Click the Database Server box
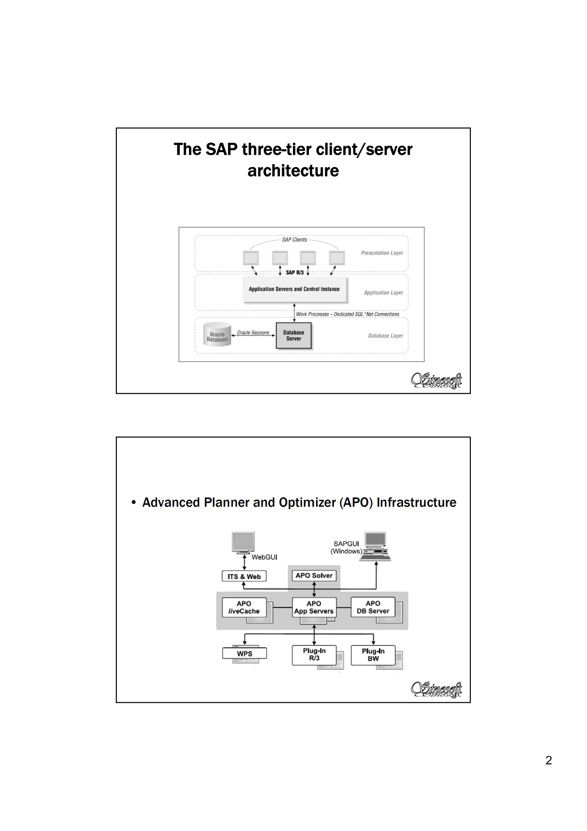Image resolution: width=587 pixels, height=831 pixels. [x=294, y=335]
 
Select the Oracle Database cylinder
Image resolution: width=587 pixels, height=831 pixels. [x=217, y=335]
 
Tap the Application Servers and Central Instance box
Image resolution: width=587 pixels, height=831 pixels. [x=294, y=289]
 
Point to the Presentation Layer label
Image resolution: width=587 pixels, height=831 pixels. [x=382, y=253]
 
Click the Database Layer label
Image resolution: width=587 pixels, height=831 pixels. [x=385, y=336]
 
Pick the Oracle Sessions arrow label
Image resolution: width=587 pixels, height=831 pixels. [x=253, y=333]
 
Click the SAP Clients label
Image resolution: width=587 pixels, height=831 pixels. [x=294, y=240]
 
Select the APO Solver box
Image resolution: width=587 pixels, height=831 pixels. [x=314, y=576]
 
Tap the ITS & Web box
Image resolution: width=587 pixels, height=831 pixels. [x=244, y=576]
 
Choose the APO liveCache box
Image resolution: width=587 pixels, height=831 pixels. [x=244, y=607]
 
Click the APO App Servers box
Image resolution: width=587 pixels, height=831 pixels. [x=314, y=607]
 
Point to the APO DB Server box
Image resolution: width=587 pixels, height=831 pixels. [x=373, y=607]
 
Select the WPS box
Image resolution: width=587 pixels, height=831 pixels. [x=244, y=654]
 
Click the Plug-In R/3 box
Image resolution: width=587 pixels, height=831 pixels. [x=314, y=654]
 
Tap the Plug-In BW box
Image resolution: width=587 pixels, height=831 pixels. [x=373, y=655]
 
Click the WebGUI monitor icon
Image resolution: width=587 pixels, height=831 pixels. [x=243, y=542]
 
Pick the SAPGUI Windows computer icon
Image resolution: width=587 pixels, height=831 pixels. [x=375, y=546]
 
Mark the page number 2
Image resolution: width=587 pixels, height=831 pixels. [x=549, y=760]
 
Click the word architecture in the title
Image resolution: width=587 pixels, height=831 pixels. [x=293, y=171]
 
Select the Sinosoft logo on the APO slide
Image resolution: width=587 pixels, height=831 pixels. [x=436, y=690]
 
